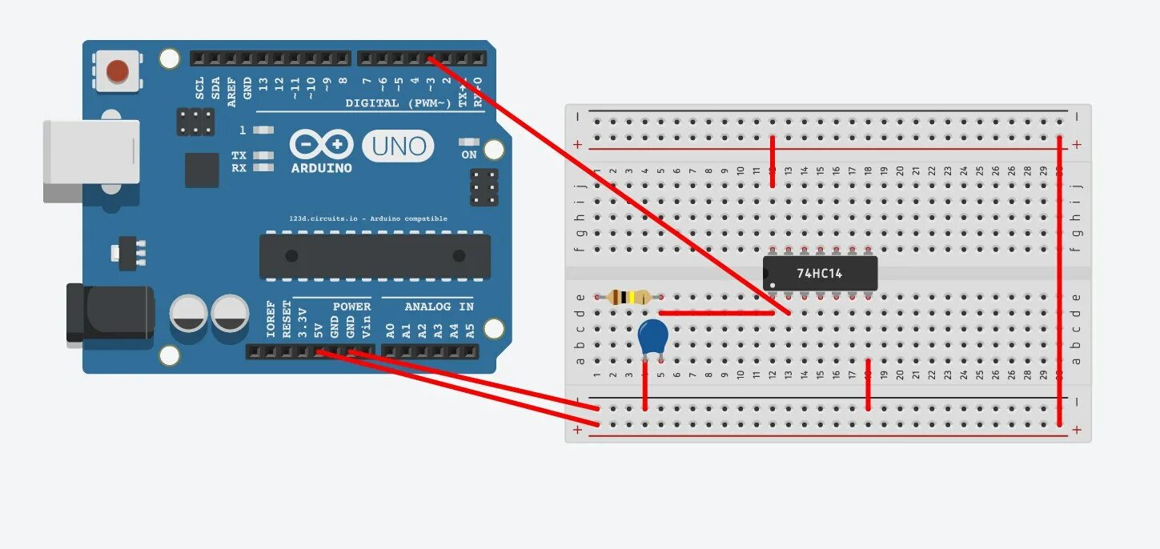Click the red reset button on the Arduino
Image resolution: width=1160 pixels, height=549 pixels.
point(117,70)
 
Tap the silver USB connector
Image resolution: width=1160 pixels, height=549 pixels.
point(90,161)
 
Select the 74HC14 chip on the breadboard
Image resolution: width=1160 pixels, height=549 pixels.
point(820,273)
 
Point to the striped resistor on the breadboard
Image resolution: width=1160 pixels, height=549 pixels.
point(629,298)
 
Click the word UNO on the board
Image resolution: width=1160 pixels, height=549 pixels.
point(398,146)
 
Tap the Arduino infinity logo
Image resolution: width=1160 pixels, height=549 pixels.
point(321,146)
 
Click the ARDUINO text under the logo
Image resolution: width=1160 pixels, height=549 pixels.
point(321,168)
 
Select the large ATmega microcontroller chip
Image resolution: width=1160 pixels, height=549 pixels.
point(375,256)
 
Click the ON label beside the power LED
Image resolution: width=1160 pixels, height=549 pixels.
point(469,154)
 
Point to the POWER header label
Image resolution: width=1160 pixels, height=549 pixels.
point(351,307)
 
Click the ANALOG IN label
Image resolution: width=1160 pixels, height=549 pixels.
point(439,307)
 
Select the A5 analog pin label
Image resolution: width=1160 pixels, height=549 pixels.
point(470,328)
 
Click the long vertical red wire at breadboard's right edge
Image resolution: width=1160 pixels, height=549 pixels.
point(1060,280)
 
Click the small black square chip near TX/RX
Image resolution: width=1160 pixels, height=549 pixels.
point(201,170)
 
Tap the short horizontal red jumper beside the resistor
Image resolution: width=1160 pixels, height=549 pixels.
point(716,313)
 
